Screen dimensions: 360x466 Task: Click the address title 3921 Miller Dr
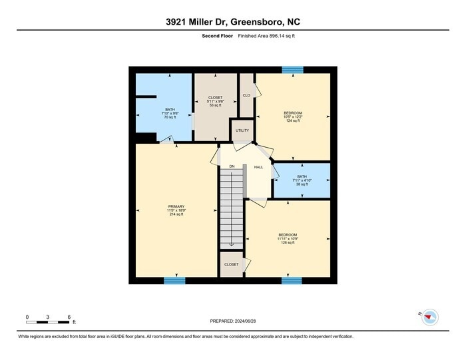pyautogui.click(x=232, y=22)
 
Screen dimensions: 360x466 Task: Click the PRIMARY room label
pyautogui.click(x=176, y=210)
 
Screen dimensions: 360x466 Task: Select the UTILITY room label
pyautogui.click(x=242, y=130)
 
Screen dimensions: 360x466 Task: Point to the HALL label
pyautogui.click(x=258, y=166)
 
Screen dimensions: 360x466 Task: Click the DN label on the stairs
pyautogui.click(x=232, y=166)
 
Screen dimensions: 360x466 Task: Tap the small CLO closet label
pyautogui.click(x=246, y=95)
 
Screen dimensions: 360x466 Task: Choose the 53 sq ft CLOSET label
pyautogui.click(x=216, y=101)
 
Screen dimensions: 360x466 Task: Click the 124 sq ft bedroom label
pyautogui.click(x=293, y=116)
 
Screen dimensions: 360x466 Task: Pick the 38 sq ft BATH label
pyautogui.click(x=302, y=180)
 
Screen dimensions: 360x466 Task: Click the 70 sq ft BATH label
pyautogui.click(x=170, y=113)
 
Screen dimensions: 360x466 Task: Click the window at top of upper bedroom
pyautogui.click(x=292, y=69)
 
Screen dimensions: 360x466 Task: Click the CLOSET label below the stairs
pyautogui.click(x=231, y=264)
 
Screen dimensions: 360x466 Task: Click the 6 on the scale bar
pyautogui.click(x=69, y=317)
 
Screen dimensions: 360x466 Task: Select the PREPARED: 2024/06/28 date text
pyautogui.click(x=232, y=321)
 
